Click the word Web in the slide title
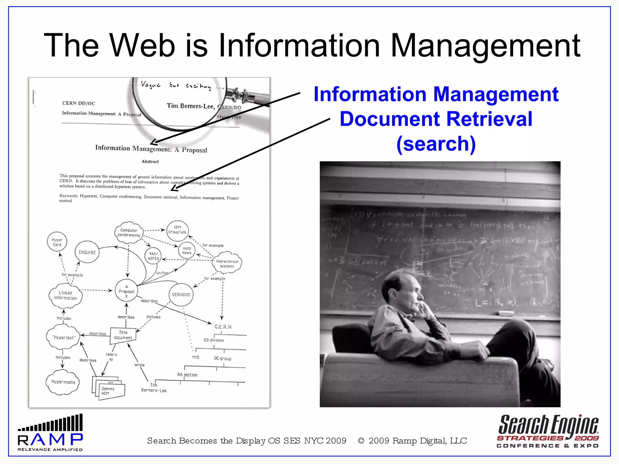coord(142,45)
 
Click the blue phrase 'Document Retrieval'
coord(436,119)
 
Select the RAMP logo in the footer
coord(50,433)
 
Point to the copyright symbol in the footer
coord(361,441)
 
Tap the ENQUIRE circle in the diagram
coord(87,252)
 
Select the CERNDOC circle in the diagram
coord(181,295)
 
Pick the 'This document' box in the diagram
coord(123,335)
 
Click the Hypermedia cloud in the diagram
coord(63,382)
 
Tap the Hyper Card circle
coord(57,242)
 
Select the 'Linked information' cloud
coord(65,295)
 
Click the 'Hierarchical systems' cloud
coord(227,263)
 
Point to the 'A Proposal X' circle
coord(126,291)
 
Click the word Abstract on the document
coord(150,162)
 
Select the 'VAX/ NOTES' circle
coord(153,256)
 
